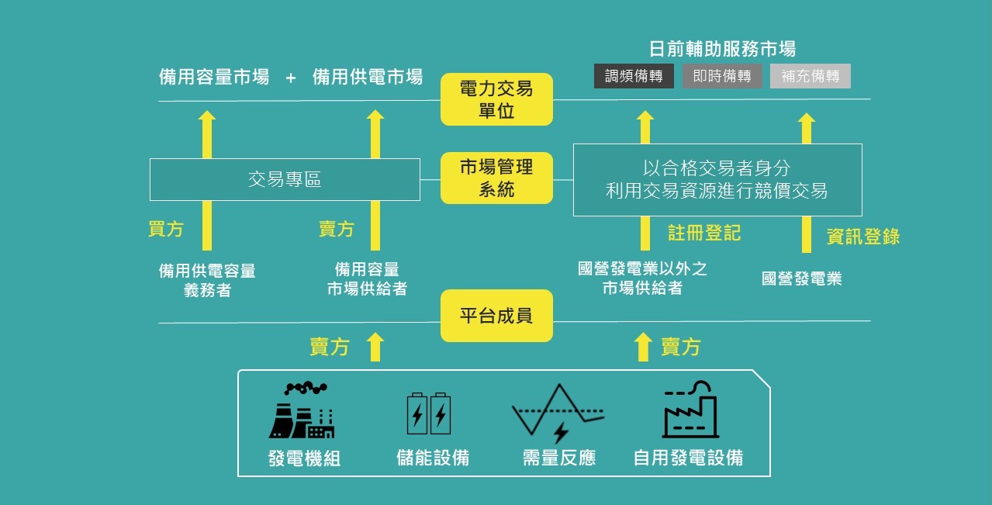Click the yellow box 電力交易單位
click(x=496, y=99)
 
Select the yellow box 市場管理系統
click(x=496, y=178)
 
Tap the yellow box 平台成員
click(x=496, y=316)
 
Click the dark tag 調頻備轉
click(x=634, y=76)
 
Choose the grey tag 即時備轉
click(x=722, y=76)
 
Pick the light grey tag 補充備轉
click(x=811, y=76)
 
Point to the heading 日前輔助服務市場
click(x=721, y=49)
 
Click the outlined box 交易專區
click(x=285, y=180)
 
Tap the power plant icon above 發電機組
click(x=302, y=411)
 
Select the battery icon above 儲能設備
click(x=429, y=413)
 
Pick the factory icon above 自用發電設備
click(x=690, y=410)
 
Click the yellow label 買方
click(x=166, y=229)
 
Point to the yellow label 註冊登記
click(x=704, y=232)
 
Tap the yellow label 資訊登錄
click(x=862, y=237)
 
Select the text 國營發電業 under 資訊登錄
click(x=801, y=279)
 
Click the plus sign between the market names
click(x=291, y=78)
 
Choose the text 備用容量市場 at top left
click(x=214, y=77)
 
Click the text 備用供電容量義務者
click(x=207, y=280)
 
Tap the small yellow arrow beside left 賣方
click(x=375, y=347)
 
